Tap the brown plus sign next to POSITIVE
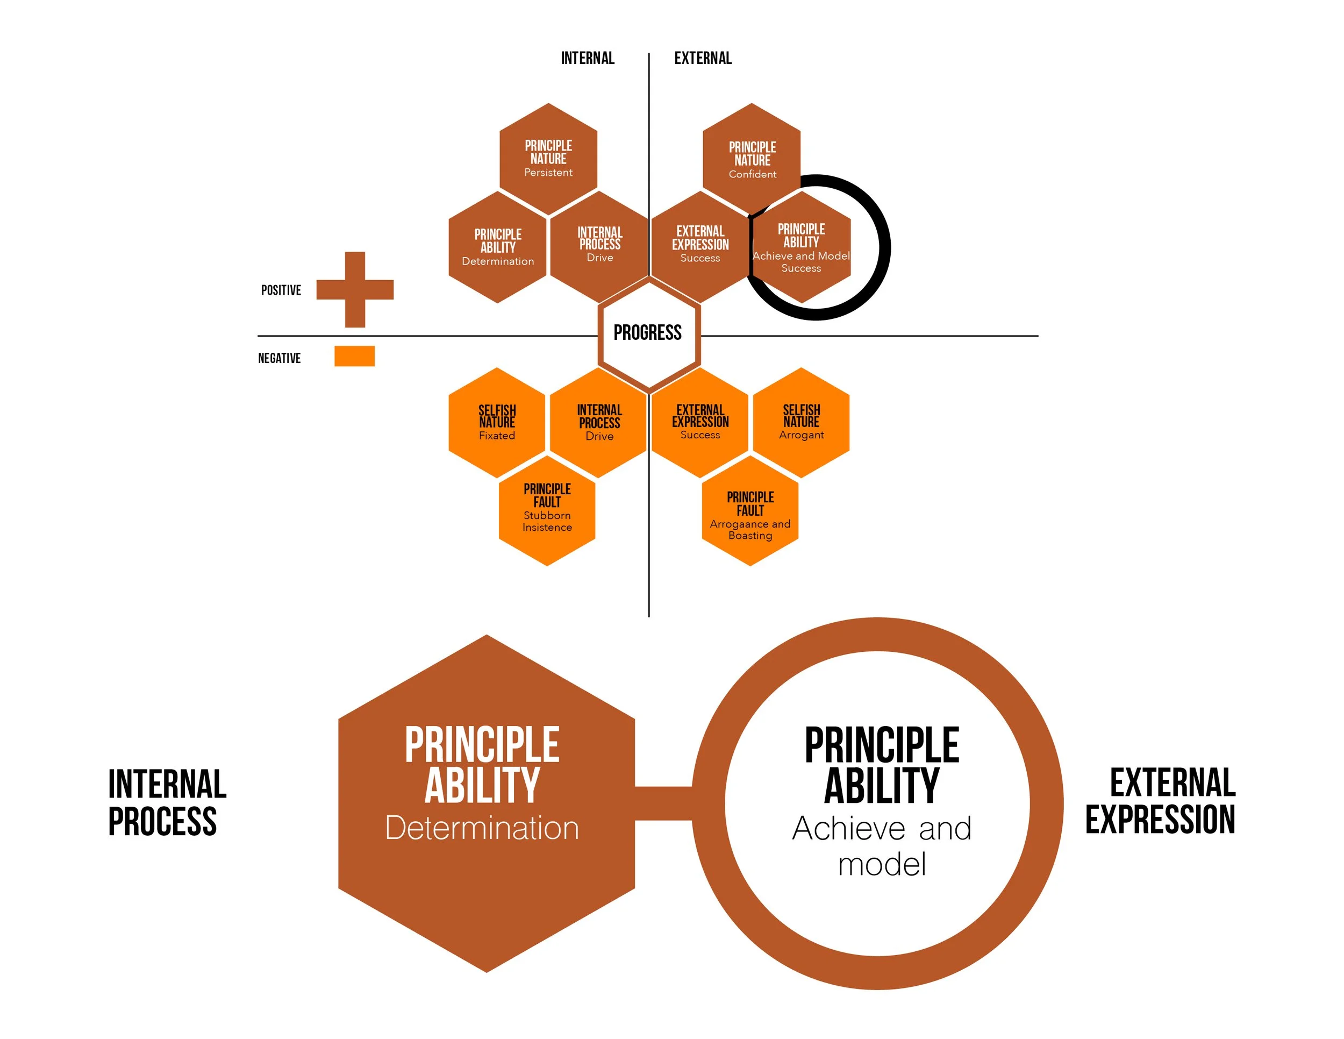355,289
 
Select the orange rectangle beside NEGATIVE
354,357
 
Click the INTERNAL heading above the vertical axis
588,59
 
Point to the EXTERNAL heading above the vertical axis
703,59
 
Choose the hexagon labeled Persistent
548,158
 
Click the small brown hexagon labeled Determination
498,247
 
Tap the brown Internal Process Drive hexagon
599,246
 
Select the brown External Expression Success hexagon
700,246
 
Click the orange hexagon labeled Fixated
497,422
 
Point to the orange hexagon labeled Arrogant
801,422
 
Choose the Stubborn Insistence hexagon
547,510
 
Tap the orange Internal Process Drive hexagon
599,423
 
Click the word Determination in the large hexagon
482,828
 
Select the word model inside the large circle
882,864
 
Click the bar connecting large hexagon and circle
663,803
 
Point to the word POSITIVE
281,290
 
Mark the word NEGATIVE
280,358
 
